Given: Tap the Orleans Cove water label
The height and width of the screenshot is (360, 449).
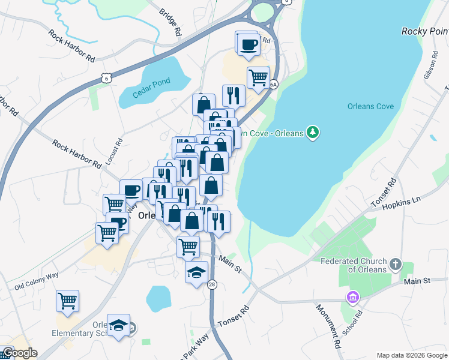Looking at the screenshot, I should pyautogui.click(x=370, y=106).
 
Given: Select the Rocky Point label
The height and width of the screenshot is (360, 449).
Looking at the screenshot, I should pyautogui.click(x=424, y=31).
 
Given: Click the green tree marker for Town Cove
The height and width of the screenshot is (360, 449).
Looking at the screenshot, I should pyautogui.click(x=312, y=132).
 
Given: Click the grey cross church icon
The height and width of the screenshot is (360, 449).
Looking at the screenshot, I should pyautogui.click(x=395, y=265).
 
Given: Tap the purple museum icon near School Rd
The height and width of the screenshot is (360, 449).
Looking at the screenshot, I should pyautogui.click(x=352, y=297).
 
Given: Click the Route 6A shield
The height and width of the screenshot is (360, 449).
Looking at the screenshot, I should pyautogui.click(x=273, y=85).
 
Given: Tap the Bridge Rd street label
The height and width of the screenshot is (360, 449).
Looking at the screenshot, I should pyautogui.click(x=170, y=23).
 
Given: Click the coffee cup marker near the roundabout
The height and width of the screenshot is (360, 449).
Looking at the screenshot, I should pyautogui.click(x=248, y=44).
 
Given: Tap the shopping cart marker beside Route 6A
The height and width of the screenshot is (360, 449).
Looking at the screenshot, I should pyautogui.click(x=258, y=77).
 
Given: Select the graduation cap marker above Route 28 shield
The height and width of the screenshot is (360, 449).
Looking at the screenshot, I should pyautogui.click(x=196, y=272).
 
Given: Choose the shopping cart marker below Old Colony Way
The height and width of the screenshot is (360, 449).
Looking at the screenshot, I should pyautogui.click(x=67, y=300).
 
